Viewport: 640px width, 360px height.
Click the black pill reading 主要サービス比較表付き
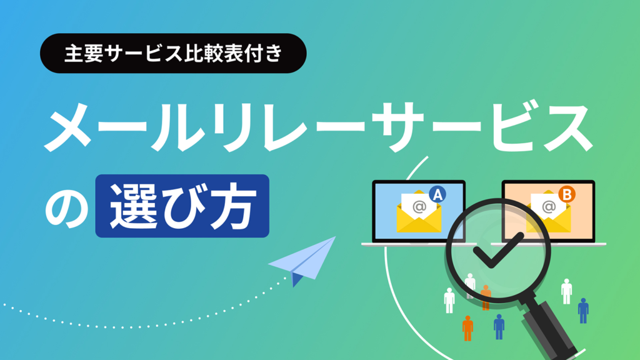tap(172, 54)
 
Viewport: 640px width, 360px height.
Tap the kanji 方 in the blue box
tap(237, 206)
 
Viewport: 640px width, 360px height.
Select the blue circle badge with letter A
tap(437, 195)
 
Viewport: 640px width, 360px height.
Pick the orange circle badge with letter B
tap(566, 195)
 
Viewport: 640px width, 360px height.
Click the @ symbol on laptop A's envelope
tap(419, 206)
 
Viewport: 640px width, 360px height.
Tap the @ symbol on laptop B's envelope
tap(549, 207)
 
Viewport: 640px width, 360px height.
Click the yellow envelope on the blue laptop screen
tap(418, 213)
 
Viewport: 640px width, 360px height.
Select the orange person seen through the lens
tap(486, 297)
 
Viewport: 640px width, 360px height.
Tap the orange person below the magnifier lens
tap(467, 327)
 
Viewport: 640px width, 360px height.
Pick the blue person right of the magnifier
tap(583, 310)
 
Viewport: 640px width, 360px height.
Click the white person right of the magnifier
tap(566, 291)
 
